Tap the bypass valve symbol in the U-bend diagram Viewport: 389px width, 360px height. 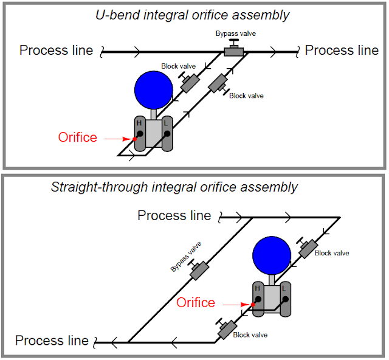tap(233, 51)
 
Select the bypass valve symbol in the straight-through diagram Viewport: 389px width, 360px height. tap(198, 271)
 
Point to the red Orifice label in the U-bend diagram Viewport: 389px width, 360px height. tap(77, 137)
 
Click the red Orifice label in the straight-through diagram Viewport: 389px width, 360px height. tap(196, 302)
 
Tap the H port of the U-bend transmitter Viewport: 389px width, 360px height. tap(140, 133)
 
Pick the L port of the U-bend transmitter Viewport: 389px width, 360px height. tap(165, 133)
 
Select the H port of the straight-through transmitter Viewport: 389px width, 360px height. tap(258, 299)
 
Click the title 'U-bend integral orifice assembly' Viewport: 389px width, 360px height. tap(193, 15)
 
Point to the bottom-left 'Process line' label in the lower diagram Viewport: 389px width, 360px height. tap(52, 341)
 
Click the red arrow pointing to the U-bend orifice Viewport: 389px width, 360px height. tap(118, 139)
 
